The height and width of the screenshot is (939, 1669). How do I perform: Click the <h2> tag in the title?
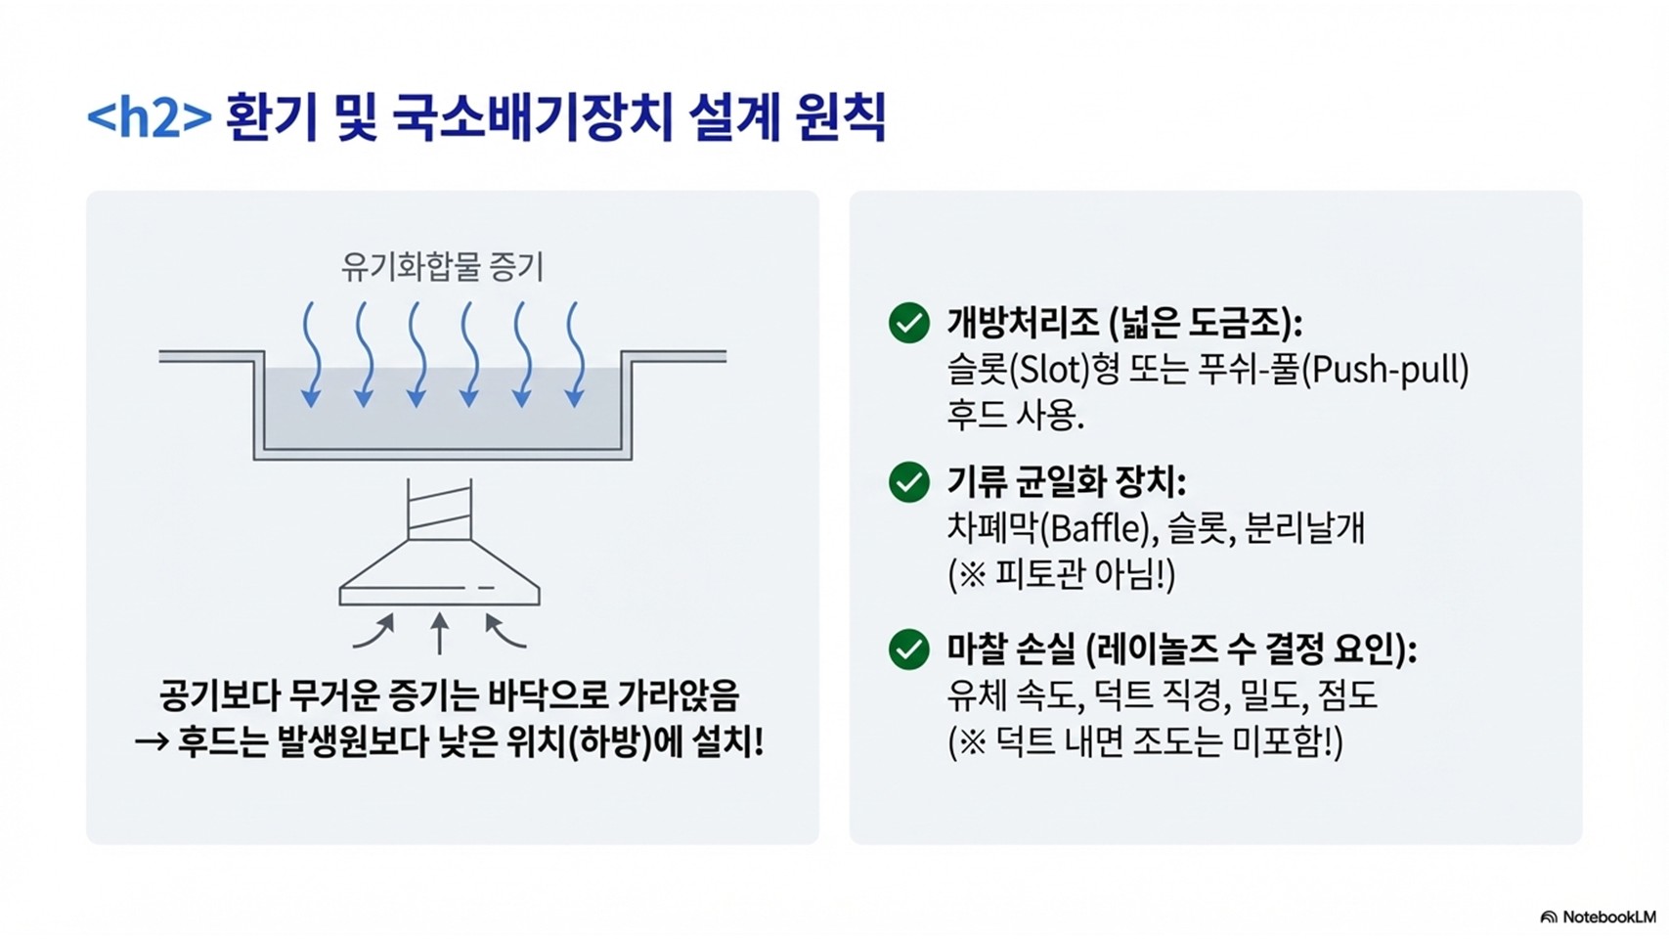[149, 117]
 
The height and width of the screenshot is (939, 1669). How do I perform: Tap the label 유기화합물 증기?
[442, 267]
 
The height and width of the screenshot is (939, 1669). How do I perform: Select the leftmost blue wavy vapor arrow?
[311, 354]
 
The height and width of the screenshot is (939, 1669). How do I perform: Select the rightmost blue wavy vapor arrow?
[575, 354]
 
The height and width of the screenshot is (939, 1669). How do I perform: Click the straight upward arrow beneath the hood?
[440, 633]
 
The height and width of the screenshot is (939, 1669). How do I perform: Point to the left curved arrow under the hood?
[373, 632]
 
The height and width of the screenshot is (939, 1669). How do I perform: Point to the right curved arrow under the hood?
[505, 632]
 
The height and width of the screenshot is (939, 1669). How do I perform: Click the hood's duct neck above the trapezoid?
[439, 510]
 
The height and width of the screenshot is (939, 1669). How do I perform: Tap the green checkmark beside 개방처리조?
[909, 323]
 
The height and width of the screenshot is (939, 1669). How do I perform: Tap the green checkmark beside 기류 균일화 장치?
[909, 482]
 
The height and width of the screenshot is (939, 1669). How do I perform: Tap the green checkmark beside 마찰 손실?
[909, 649]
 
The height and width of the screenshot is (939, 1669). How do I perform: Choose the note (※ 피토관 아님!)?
[1061, 574]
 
